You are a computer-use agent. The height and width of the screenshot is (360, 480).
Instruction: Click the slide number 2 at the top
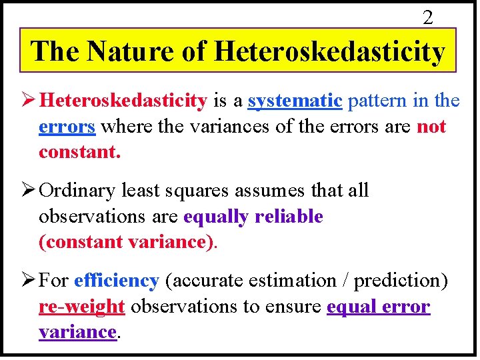point(427,18)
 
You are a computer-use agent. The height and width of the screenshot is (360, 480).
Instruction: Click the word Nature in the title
point(136,51)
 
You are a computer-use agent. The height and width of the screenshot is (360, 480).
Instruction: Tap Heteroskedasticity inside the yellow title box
point(329,51)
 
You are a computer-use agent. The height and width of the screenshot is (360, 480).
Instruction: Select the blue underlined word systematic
point(295,101)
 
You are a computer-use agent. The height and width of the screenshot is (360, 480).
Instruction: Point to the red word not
point(431,127)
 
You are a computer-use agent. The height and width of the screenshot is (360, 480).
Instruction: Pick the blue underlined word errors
point(67,127)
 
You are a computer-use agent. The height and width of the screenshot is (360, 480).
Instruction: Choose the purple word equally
point(216,217)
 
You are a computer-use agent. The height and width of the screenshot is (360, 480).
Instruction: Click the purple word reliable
point(289,217)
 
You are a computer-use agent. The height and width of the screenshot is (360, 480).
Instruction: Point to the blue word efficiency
point(117,281)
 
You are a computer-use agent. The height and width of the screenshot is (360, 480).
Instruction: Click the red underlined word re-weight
point(82,307)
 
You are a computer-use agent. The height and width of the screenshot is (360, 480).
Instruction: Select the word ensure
point(293,307)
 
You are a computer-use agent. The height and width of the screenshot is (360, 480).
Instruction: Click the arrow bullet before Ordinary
point(29,191)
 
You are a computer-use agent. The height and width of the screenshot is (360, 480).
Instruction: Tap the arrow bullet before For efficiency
point(29,281)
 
